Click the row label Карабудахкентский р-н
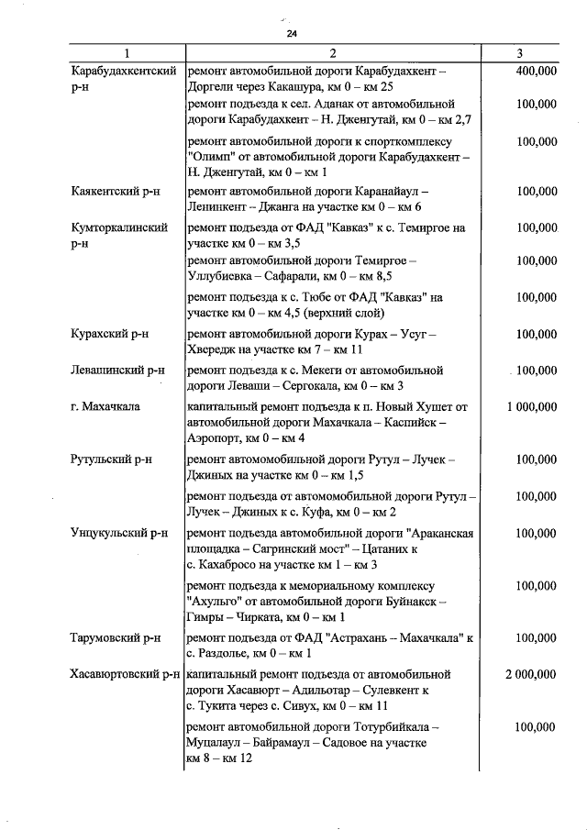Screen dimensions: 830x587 click(123, 80)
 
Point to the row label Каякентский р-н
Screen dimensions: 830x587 click(116, 192)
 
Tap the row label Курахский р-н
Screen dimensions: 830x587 click(109, 335)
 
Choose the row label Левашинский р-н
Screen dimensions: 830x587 click(116, 371)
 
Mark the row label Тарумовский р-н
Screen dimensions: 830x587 click(116, 637)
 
